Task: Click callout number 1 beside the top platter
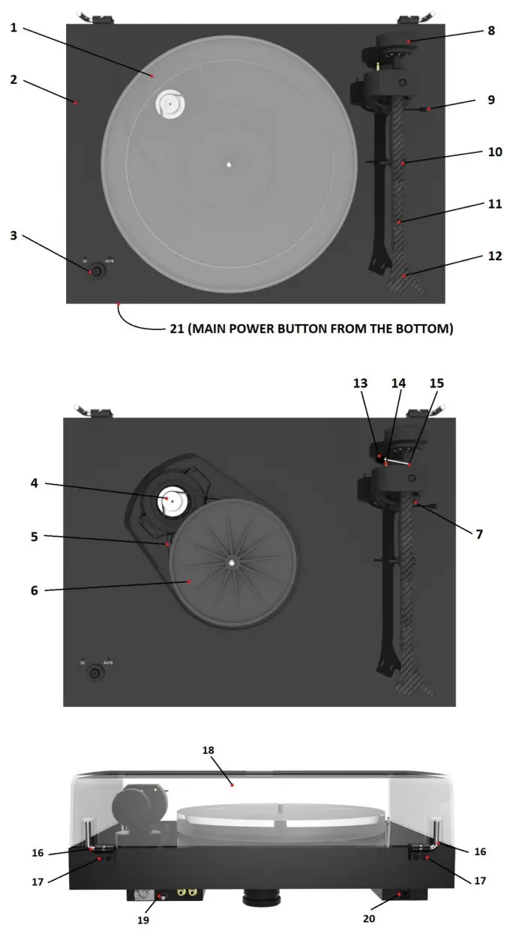coord(14,28)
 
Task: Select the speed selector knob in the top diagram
coord(94,270)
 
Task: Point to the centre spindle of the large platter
coord(229,165)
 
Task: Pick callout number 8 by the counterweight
coord(490,32)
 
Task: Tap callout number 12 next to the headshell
coord(493,256)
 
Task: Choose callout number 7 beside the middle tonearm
coord(478,534)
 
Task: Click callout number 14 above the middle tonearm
coord(398,383)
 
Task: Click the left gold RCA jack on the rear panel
coord(181,892)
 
